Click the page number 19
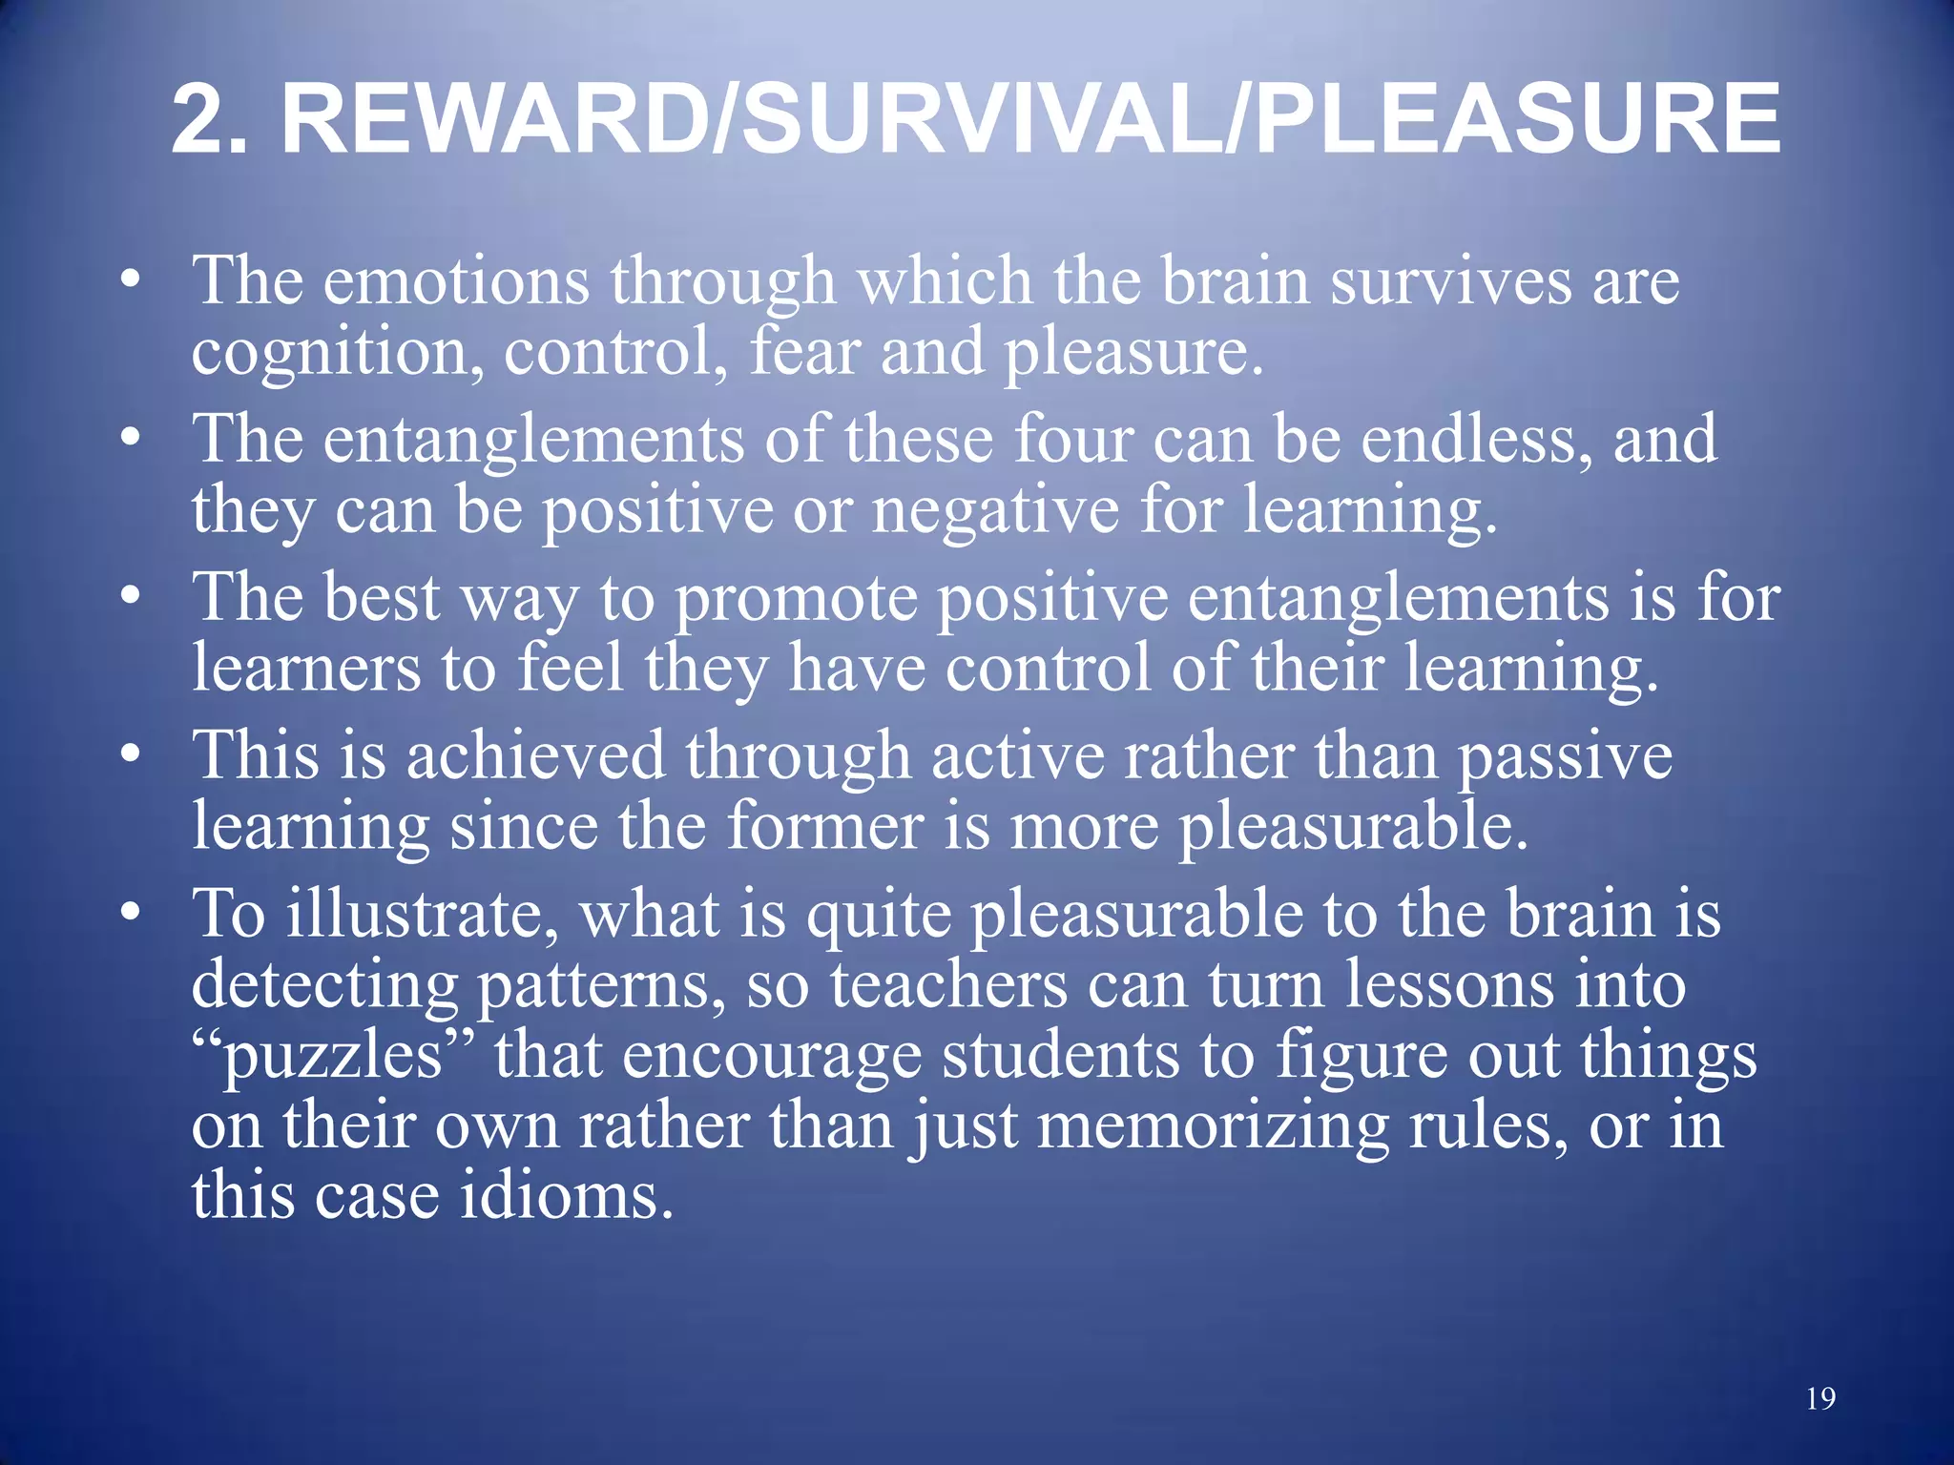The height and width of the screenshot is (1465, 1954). pyautogui.click(x=1820, y=1398)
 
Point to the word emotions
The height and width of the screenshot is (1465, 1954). pyautogui.click(x=456, y=281)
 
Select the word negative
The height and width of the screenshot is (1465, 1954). pyautogui.click(x=995, y=510)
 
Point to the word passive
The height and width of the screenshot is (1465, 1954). pyautogui.click(x=1565, y=758)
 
